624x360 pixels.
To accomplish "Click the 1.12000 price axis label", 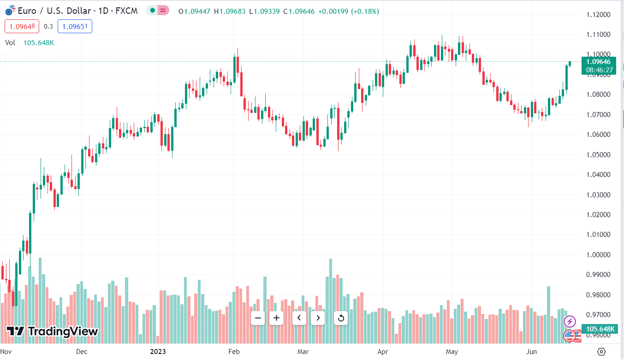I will tap(598, 15).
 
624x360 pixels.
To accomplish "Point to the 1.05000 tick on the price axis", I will tap(598, 154).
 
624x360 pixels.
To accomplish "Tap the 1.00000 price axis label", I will tap(598, 255).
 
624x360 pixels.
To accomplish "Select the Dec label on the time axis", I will tap(82, 352).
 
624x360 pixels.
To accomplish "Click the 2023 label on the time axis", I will tap(158, 352).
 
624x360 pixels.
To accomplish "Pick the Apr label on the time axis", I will tap(383, 352).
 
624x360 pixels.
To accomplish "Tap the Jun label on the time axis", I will tap(532, 352).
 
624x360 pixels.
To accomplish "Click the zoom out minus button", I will tap(258, 318).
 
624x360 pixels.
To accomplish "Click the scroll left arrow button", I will tap(299, 318).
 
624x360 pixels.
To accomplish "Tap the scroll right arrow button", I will tap(318, 318).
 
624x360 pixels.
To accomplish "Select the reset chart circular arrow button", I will tap(341, 318).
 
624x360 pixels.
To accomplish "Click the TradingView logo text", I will tap(52, 331).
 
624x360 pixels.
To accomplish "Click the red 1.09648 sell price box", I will tap(22, 27).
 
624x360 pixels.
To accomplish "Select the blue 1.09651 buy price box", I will tap(75, 27).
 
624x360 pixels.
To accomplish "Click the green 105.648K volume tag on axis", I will tap(599, 329).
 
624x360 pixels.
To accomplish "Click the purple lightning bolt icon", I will tap(570, 321).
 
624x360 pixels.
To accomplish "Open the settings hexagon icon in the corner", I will tap(601, 352).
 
